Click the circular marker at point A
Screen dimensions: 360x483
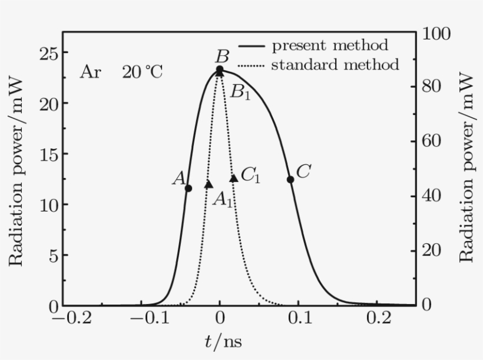[188, 188]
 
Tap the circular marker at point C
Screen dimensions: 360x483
[290, 179]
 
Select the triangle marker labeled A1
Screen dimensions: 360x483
[208, 184]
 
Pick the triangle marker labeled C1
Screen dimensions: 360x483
[233, 177]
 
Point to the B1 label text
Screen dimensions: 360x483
[240, 91]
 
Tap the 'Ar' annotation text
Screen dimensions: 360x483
[90, 72]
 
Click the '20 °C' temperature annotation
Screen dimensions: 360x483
[142, 72]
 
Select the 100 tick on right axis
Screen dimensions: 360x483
[436, 34]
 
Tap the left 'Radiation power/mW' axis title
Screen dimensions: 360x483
[16, 171]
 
